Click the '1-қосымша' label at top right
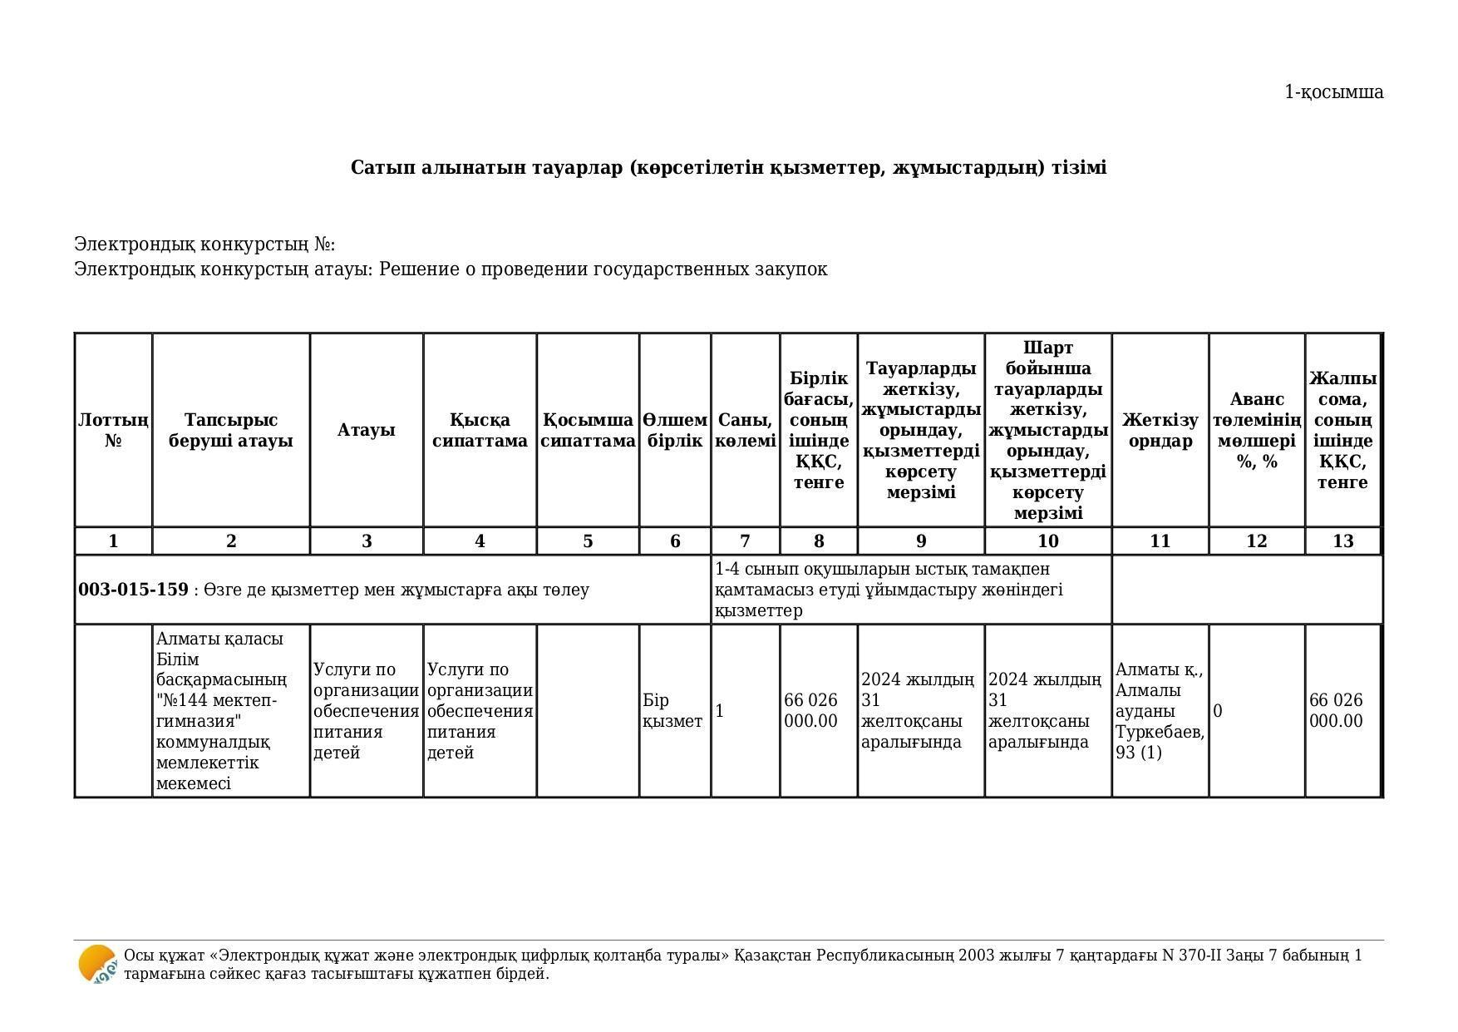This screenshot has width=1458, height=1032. click(1333, 92)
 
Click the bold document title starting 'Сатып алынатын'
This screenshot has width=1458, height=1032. click(728, 168)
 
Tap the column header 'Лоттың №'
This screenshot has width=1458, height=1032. click(113, 430)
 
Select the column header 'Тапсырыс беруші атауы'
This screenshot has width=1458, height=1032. click(231, 430)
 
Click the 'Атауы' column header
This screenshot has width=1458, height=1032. click(366, 430)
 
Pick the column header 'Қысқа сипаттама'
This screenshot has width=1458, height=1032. click(480, 430)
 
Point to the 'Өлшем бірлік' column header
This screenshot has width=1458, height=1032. click(675, 430)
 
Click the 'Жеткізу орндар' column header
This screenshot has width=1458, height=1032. click(1160, 430)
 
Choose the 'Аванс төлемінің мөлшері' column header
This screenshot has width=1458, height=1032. click(1256, 430)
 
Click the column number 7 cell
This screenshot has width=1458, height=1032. click(745, 541)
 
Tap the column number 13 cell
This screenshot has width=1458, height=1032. click(1342, 541)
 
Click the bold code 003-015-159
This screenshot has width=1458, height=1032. click(133, 590)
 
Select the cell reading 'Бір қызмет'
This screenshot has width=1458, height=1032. click(672, 711)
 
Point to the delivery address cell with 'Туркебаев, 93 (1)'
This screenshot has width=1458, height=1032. click(1160, 711)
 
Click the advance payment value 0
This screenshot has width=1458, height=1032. click(1218, 711)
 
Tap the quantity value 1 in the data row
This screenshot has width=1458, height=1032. click(720, 711)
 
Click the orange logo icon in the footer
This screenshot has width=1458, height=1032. click(97, 965)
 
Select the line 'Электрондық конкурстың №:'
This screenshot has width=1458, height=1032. click(204, 244)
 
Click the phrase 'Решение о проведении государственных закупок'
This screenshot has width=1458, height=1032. click(603, 269)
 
